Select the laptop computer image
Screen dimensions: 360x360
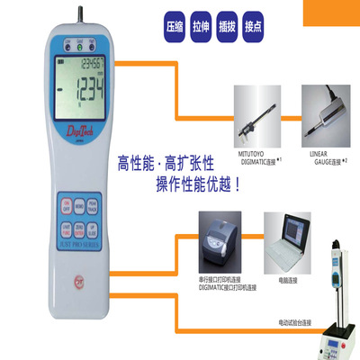[285, 238]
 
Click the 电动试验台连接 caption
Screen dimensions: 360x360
[297, 321]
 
